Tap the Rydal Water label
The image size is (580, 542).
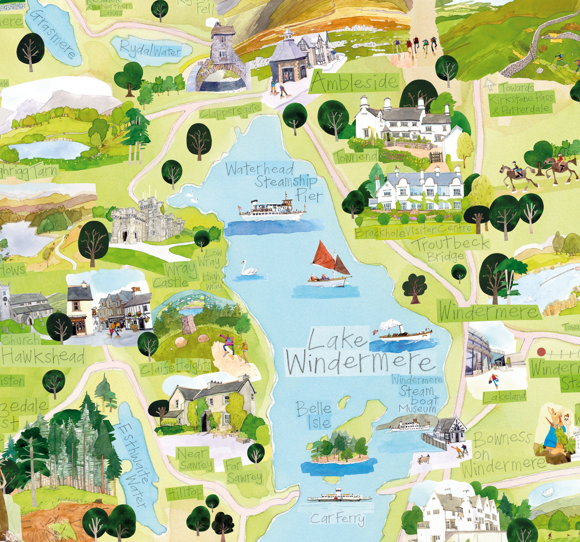151,49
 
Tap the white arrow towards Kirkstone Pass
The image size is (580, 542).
490,84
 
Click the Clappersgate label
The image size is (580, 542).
230,110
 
